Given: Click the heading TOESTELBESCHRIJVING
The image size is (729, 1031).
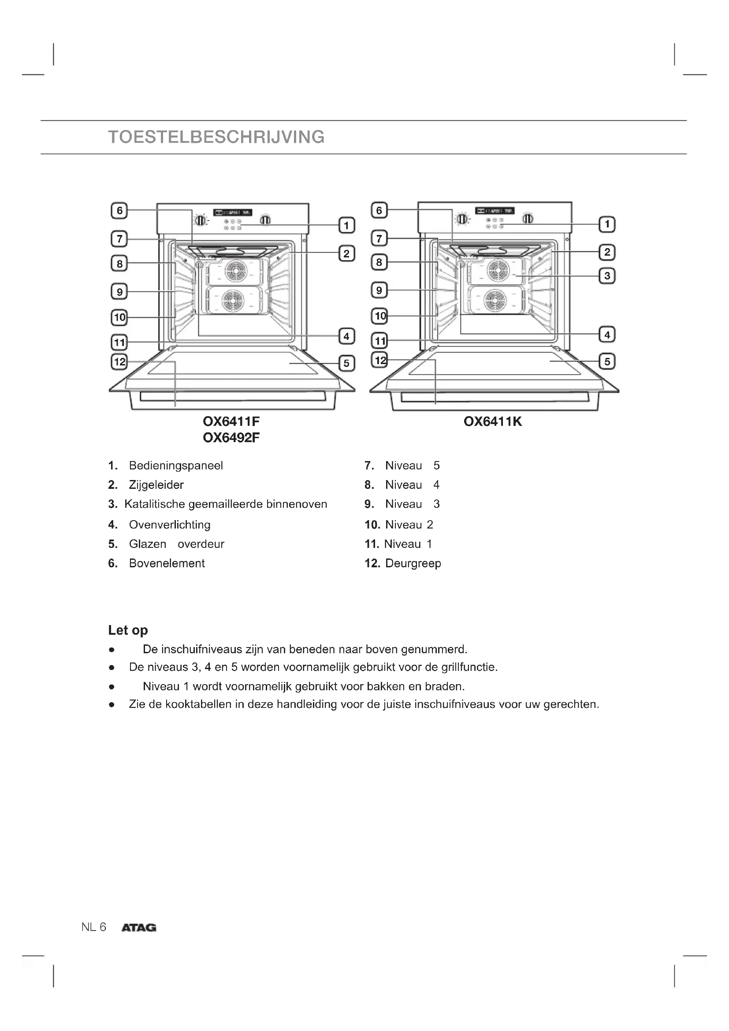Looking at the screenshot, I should [x=216, y=137].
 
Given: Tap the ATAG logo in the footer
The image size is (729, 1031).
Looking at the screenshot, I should [x=139, y=928].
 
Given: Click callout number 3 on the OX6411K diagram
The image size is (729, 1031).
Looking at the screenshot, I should [x=607, y=275].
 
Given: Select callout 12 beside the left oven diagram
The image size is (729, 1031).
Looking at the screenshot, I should [x=119, y=361].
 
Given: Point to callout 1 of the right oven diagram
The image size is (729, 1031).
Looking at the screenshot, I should [x=607, y=224].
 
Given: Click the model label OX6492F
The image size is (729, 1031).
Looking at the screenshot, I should [x=231, y=437].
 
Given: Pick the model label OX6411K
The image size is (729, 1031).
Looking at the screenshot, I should [x=492, y=422].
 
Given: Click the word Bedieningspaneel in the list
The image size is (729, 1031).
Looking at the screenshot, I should [x=175, y=465].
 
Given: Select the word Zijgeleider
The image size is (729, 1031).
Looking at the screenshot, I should [x=156, y=485].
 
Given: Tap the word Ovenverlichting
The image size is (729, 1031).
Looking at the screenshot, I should [x=169, y=525].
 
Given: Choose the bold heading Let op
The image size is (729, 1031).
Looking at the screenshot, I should [x=128, y=630].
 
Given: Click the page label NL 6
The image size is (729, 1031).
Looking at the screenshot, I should [x=94, y=927].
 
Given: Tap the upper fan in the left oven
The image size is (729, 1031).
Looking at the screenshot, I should [x=236, y=271].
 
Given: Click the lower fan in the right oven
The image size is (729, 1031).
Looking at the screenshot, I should [x=495, y=301].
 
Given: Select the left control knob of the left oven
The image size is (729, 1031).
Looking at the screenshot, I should [x=201, y=220].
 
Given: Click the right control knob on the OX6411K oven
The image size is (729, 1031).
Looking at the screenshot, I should [x=528, y=219].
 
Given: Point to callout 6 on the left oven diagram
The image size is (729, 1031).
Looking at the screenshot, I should [x=119, y=211].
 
